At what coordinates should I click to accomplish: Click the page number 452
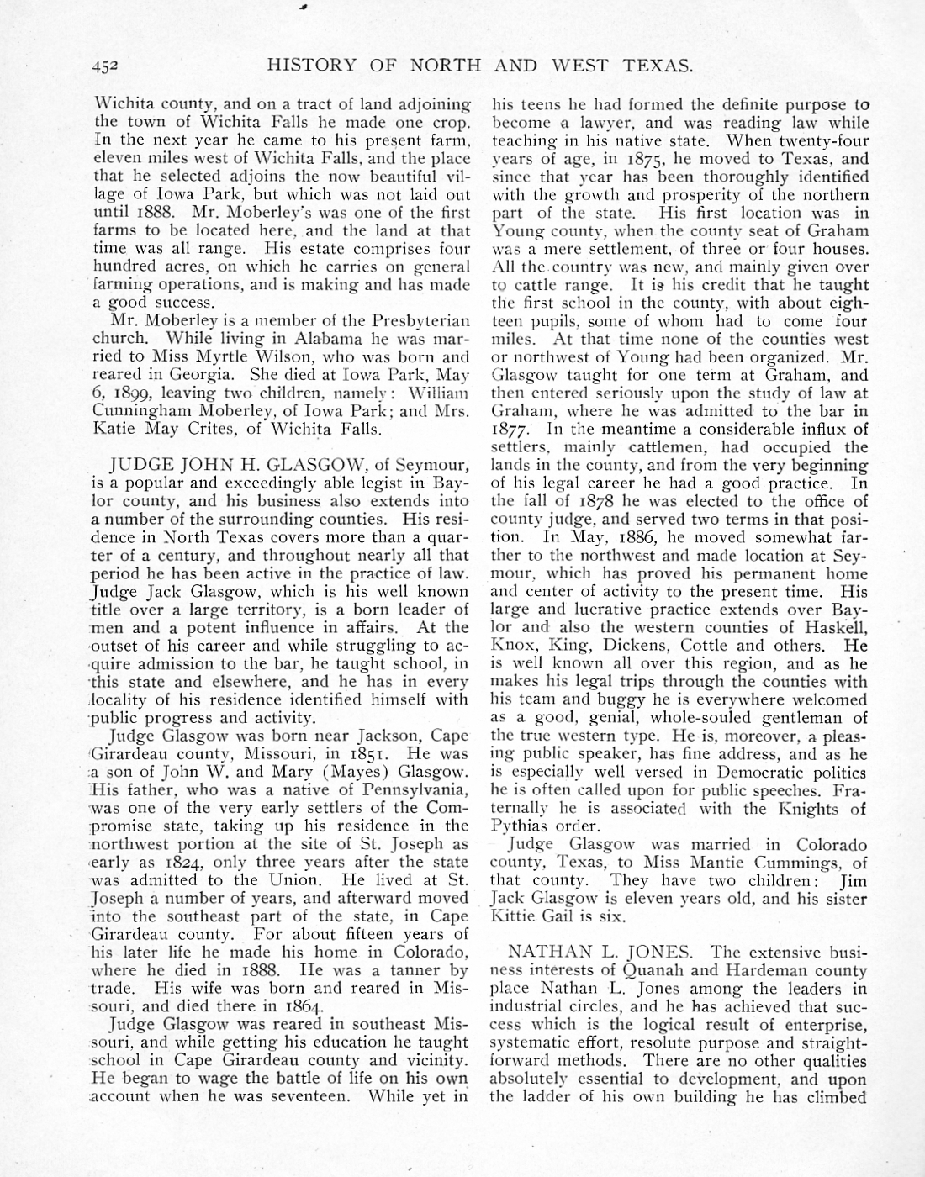tap(108, 65)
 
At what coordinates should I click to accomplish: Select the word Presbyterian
tap(420, 320)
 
